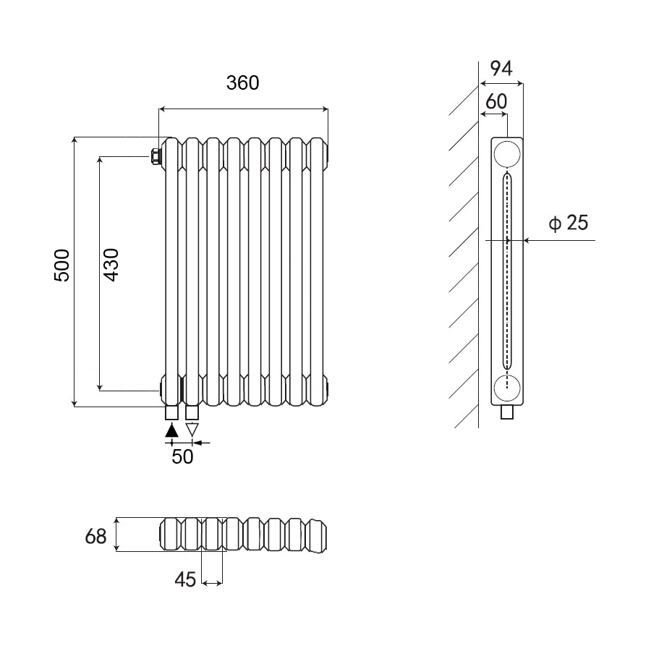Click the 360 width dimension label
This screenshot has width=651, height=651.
click(242, 83)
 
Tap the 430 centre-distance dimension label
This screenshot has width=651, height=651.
click(111, 265)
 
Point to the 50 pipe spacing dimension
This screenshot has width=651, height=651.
click(182, 457)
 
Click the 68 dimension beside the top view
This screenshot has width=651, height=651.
click(96, 537)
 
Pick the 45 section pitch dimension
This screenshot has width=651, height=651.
click(186, 579)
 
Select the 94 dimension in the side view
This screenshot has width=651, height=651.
click(501, 69)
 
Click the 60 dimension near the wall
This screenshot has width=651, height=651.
click(496, 102)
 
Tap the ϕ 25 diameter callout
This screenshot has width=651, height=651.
click(569, 223)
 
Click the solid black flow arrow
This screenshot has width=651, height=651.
click(171, 430)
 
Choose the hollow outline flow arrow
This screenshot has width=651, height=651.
click(192, 430)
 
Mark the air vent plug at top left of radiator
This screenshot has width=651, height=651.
click(156, 156)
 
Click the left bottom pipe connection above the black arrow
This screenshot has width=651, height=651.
click(171, 413)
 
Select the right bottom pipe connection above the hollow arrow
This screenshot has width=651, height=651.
click(192, 413)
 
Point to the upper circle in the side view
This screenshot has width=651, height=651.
click(507, 156)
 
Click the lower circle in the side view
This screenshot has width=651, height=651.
click(507, 388)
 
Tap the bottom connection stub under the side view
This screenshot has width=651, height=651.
click(508, 413)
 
